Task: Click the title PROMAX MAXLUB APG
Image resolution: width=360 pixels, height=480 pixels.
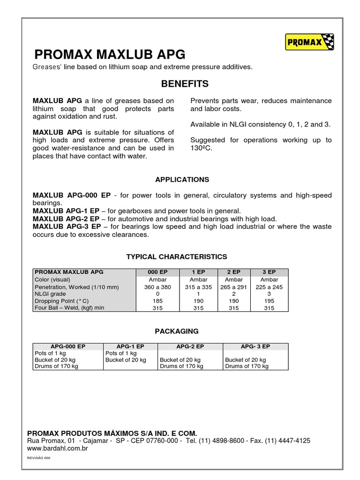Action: (x=110, y=53)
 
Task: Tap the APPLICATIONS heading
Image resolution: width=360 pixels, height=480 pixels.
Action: (x=182, y=180)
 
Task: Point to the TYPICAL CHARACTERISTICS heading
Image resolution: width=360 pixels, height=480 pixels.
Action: (x=177, y=256)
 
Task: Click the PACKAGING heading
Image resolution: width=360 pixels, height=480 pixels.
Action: (x=177, y=331)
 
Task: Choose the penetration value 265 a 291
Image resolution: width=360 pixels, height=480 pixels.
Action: (x=234, y=287)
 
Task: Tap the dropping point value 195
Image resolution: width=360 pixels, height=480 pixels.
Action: (x=269, y=301)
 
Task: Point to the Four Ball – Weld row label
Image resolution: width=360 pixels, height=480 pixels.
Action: (x=69, y=308)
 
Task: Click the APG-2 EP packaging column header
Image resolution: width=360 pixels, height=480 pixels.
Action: (x=190, y=346)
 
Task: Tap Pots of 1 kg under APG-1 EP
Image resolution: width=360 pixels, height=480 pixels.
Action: (x=121, y=353)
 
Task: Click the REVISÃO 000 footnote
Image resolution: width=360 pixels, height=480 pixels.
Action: (x=39, y=457)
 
